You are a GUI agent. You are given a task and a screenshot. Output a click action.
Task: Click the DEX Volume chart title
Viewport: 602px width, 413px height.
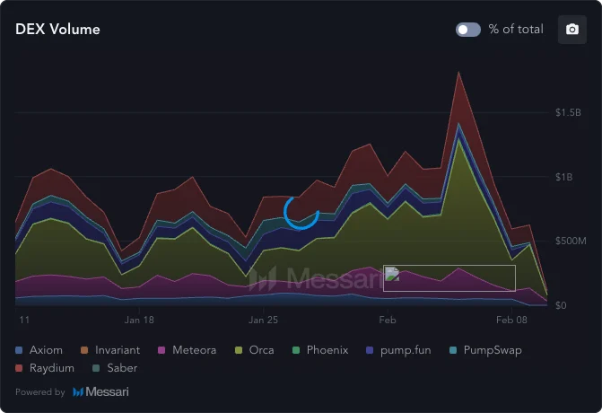pos(57,30)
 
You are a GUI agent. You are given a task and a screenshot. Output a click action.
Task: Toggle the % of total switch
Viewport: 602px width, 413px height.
pos(468,30)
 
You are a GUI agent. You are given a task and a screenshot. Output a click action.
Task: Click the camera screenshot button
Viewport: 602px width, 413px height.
pos(571,30)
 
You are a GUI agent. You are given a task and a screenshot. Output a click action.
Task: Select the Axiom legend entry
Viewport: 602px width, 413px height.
pos(39,350)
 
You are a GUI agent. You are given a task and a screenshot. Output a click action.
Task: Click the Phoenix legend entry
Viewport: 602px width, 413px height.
pos(319,350)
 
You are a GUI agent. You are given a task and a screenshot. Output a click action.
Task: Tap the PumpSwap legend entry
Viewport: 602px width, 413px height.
pos(484,350)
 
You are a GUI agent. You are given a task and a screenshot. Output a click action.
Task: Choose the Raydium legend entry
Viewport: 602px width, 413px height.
pos(45,368)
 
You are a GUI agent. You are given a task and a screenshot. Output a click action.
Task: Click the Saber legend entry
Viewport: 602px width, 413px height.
pos(115,368)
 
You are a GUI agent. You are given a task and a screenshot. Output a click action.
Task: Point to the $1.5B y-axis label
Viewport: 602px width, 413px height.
pos(570,113)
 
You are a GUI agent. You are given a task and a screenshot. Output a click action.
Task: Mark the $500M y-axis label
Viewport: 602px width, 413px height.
pos(570,242)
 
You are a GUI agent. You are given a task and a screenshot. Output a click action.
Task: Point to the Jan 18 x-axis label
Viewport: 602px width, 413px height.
pos(139,320)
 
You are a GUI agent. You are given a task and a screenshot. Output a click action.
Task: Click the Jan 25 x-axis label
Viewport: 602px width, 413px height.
pos(263,320)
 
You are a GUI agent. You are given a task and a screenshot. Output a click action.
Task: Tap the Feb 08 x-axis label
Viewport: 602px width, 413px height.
pos(510,320)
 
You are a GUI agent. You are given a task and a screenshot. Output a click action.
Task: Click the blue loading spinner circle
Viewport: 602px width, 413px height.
pos(301,212)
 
